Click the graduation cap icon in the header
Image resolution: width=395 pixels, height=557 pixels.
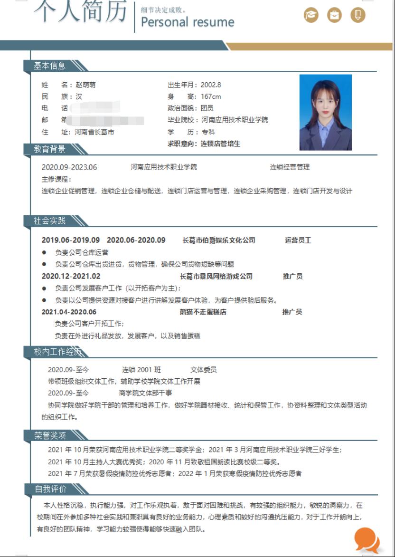pyautogui.click(x=311, y=15)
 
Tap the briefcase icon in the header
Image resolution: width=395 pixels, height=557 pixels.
pyautogui.click(x=335, y=15)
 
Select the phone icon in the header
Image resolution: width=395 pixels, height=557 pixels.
pyautogui.click(x=358, y=15)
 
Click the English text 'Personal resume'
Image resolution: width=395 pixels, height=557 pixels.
pyautogui.click(x=188, y=22)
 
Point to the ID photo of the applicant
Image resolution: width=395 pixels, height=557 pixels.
pyautogui.click(x=325, y=112)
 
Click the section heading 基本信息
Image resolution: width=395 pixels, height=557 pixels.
pyautogui.click(x=49, y=66)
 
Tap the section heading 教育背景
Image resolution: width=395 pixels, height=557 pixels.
pyautogui.click(x=49, y=149)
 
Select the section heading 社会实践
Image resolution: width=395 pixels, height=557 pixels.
pyautogui.click(x=49, y=221)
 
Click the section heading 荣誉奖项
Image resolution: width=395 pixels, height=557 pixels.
pyautogui.click(x=49, y=435)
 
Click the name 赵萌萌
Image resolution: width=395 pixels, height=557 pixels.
pyautogui.click(x=85, y=85)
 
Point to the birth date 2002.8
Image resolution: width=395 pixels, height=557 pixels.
pyautogui.click(x=211, y=85)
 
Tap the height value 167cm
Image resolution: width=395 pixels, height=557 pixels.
pyautogui.click(x=211, y=97)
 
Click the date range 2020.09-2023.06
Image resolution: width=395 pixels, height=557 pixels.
pyautogui.click(x=69, y=167)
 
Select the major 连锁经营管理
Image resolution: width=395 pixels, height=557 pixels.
pyautogui.click(x=290, y=167)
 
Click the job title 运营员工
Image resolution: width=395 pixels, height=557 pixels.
pyautogui.click(x=298, y=240)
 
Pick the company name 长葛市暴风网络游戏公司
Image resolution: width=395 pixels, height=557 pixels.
pyautogui.click(x=216, y=277)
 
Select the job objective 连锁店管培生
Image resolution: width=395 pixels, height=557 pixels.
pyautogui.click(x=220, y=144)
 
